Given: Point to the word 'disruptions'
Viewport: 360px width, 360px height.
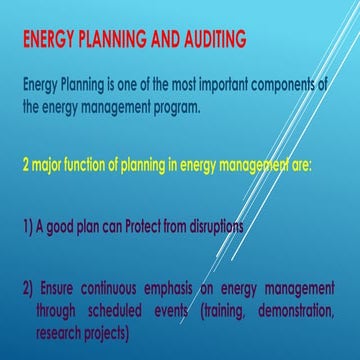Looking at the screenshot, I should point(237,227).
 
